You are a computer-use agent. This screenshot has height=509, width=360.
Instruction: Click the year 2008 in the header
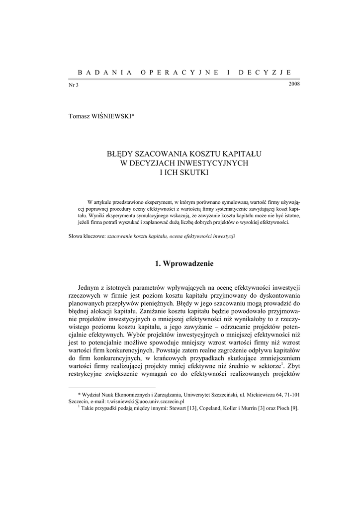[293, 83]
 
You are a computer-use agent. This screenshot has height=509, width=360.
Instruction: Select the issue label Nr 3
[73, 85]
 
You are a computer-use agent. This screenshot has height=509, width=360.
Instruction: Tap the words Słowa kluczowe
[87, 237]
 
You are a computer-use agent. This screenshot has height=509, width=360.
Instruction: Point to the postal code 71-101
[291, 394]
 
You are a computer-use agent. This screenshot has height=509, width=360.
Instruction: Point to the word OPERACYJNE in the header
[180, 72]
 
